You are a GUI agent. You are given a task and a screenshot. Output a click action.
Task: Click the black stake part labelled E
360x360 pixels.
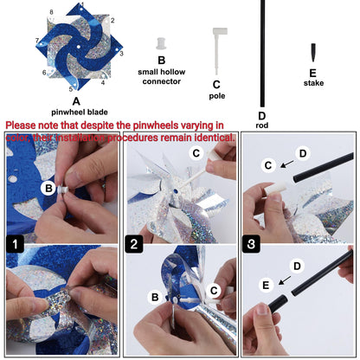(x=313, y=52)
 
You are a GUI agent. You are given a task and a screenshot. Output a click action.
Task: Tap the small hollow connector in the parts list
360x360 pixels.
(x=161, y=43)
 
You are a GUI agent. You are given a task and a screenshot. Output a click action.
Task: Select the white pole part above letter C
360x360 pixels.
(x=219, y=49)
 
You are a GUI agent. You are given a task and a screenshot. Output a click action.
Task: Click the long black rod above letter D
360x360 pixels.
(x=262, y=54)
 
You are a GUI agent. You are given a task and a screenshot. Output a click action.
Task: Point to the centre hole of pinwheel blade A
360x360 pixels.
(x=79, y=47)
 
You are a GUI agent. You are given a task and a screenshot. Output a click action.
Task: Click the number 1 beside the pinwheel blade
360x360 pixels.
(x=82, y=4)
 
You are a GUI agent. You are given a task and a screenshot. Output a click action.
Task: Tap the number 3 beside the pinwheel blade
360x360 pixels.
(x=121, y=54)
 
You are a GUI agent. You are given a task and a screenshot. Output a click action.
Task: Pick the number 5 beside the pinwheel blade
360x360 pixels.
(x=71, y=89)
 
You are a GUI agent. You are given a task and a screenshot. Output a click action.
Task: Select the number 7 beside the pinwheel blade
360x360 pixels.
(x=37, y=41)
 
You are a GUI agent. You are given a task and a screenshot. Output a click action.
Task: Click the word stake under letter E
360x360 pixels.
(x=313, y=83)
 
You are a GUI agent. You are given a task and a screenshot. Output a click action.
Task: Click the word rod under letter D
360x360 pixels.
(x=261, y=125)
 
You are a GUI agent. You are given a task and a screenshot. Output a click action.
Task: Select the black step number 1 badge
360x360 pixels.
(x=15, y=244)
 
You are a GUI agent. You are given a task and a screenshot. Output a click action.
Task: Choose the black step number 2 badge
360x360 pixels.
(x=134, y=244)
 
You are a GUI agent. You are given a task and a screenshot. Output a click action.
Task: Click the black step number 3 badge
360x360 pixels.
(x=251, y=244)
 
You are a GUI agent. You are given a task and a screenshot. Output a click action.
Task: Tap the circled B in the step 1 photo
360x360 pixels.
(x=48, y=188)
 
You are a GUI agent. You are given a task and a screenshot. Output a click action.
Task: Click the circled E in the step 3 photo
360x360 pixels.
(x=266, y=286)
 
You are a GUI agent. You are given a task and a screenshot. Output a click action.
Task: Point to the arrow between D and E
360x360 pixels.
(x=285, y=280)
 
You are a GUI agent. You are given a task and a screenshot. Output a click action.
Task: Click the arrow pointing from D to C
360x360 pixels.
(x=287, y=164)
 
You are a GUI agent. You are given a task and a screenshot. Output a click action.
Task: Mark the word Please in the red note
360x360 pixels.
(x=21, y=125)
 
